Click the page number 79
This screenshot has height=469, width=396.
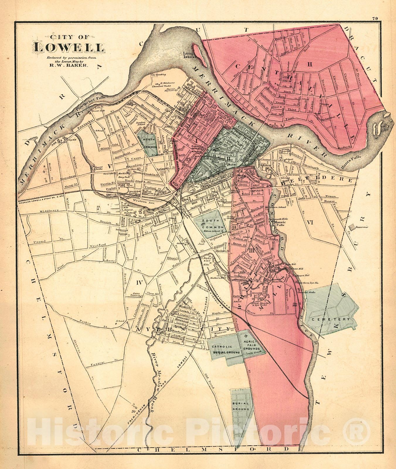(375, 18)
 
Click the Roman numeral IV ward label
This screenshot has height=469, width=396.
(139, 283)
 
